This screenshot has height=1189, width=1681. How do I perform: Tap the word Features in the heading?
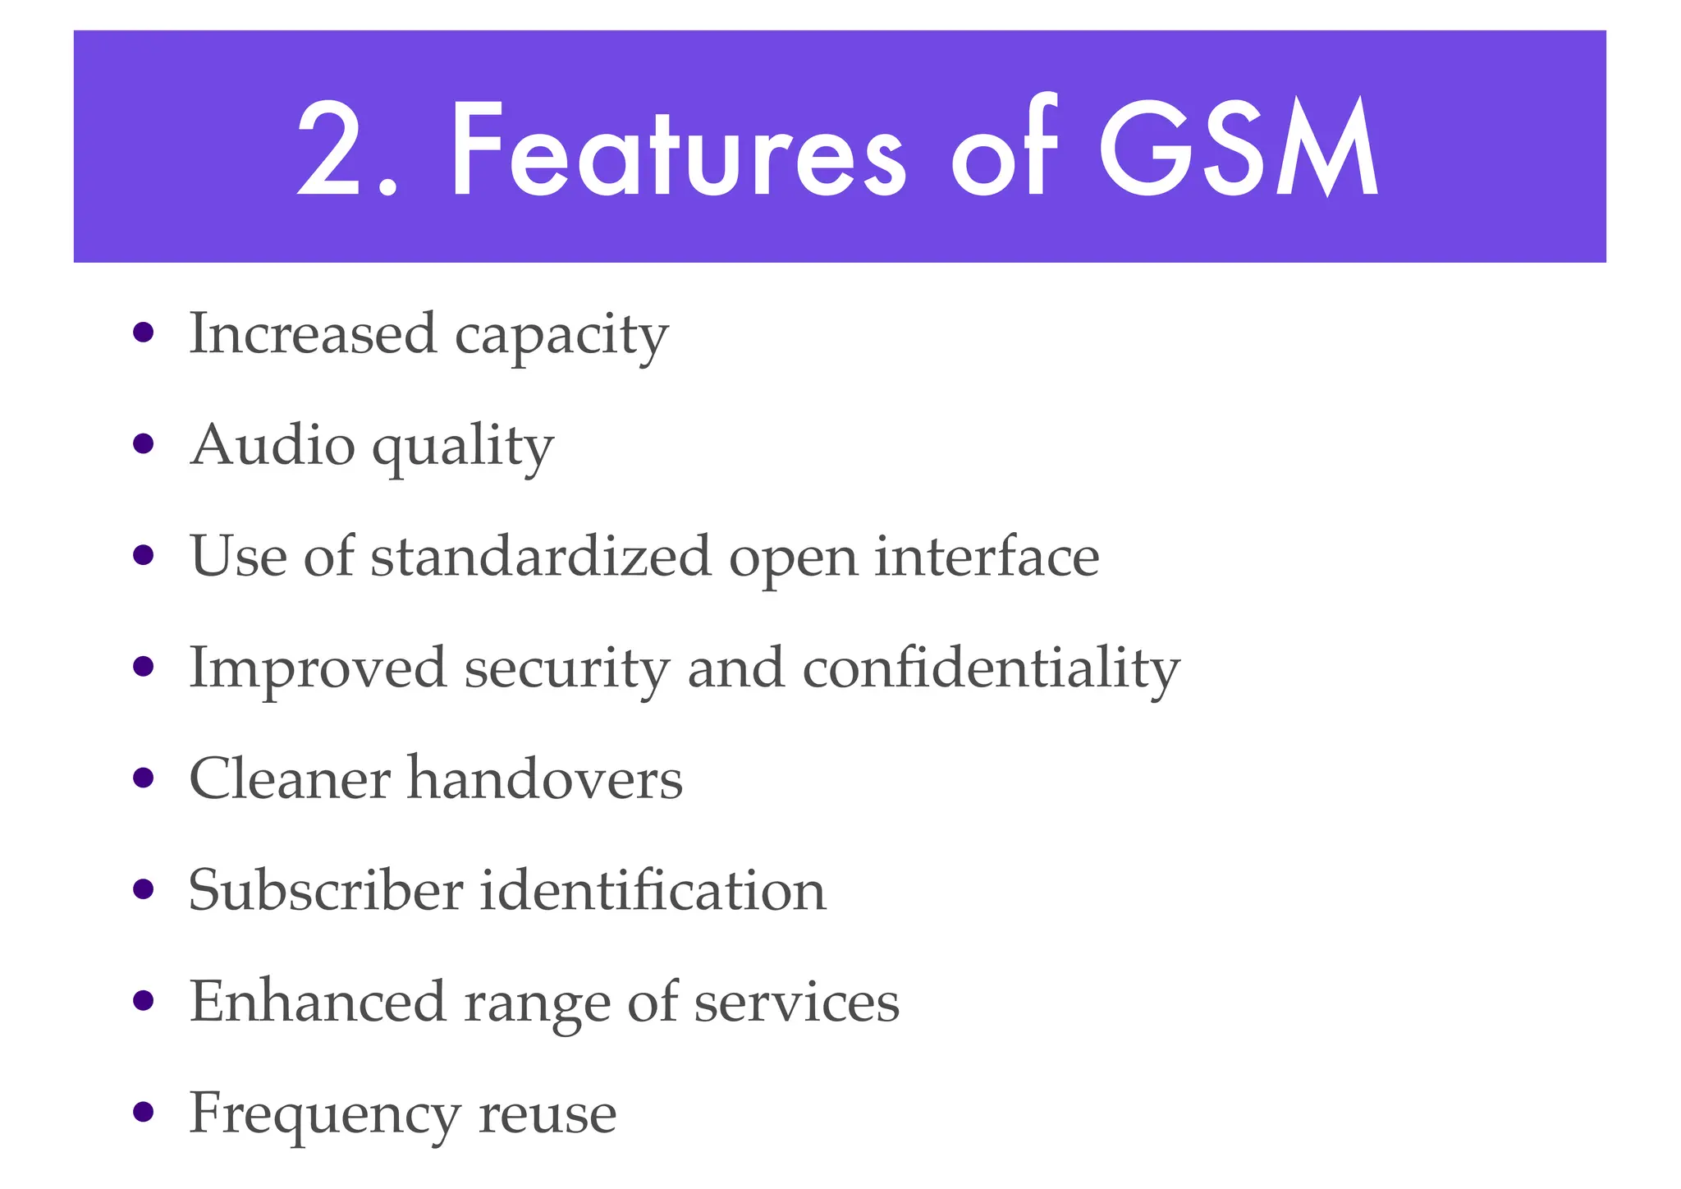pos(678,149)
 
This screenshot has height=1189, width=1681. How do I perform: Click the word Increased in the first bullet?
pos(313,334)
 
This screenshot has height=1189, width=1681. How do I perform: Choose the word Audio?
pos(273,445)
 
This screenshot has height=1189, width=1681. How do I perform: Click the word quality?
pos(464,448)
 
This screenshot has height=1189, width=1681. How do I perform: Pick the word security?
pos(567,669)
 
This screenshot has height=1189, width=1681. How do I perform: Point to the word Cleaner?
pos(290,778)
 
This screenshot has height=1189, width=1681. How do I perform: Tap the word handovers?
pos(545,778)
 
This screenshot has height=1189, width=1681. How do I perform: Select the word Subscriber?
pos(326,890)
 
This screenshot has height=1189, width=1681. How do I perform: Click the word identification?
pos(653,890)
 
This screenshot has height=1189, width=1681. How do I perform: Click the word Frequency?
pos(324,1115)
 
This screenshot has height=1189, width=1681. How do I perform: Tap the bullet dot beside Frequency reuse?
pos(144,1113)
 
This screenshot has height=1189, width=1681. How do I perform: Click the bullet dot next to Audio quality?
pos(144,444)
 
